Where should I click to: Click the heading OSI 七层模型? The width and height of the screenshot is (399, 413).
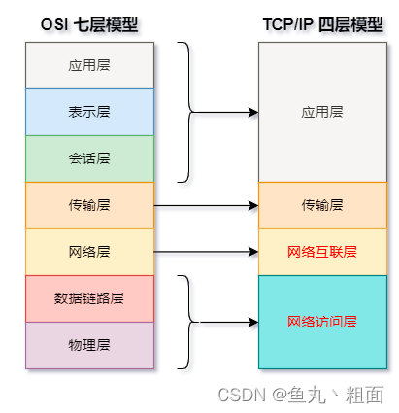[89, 23]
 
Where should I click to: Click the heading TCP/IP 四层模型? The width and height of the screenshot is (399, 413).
[322, 23]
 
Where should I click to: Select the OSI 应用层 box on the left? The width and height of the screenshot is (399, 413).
[89, 65]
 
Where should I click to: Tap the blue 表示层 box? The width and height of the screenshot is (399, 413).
[89, 112]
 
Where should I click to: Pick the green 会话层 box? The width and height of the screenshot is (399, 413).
[89, 158]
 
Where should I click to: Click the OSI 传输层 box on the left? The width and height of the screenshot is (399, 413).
[89, 205]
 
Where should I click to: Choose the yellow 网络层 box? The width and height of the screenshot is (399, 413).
[89, 252]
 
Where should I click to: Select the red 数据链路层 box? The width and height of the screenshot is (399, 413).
[89, 298]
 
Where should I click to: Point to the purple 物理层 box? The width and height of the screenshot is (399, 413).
[89, 345]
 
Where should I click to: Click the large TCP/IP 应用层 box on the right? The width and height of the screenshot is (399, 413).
[322, 112]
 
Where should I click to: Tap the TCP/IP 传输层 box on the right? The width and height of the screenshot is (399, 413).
[322, 205]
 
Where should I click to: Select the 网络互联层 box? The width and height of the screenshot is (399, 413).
[322, 252]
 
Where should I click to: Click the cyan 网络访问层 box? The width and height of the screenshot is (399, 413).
[322, 322]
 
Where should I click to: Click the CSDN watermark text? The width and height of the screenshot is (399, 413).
[300, 395]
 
